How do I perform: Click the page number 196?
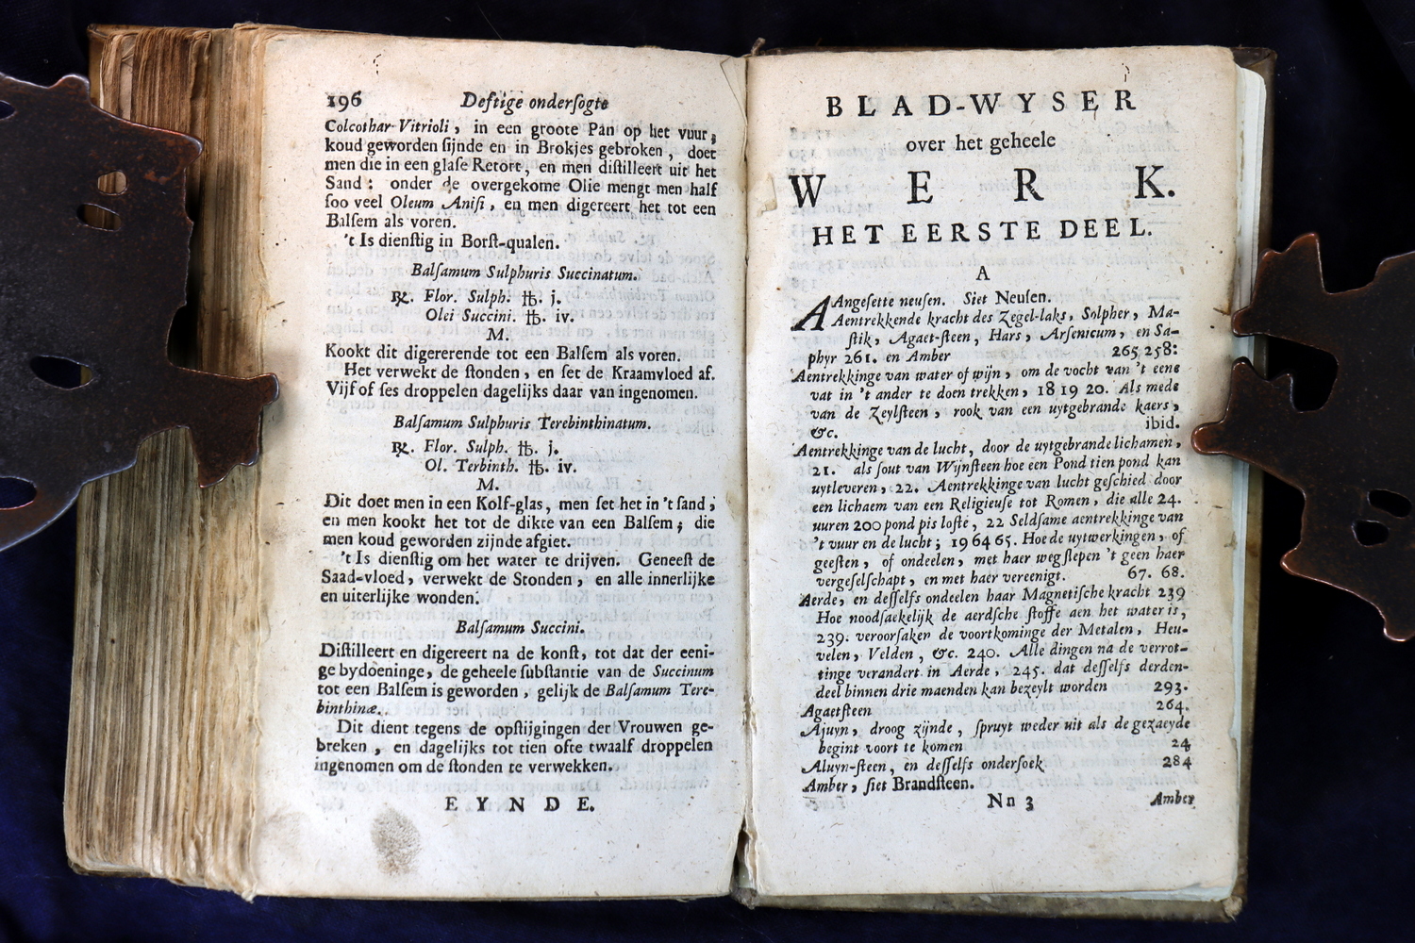pyautogui.click(x=351, y=102)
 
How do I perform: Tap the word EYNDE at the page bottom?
pyautogui.click(x=520, y=803)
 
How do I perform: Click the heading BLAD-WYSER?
pyautogui.click(x=981, y=105)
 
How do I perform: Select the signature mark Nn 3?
pyautogui.click(x=1010, y=802)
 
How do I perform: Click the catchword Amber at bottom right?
pyautogui.click(x=1173, y=799)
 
